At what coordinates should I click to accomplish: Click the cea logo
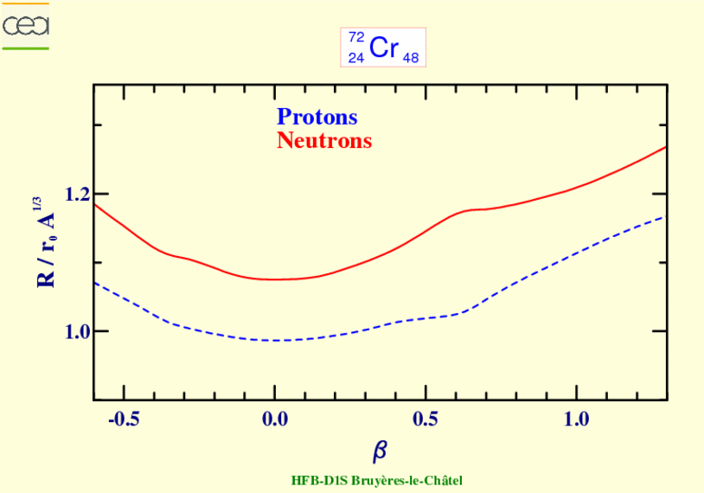[25, 26]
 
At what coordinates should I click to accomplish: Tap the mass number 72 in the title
[356, 37]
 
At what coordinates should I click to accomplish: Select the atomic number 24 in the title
[356, 58]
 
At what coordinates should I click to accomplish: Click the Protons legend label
[317, 118]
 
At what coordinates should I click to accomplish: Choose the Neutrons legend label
[324, 140]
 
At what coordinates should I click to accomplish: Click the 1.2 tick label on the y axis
[78, 194]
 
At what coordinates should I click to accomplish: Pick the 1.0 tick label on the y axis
[78, 331]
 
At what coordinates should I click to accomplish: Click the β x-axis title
[380, 451]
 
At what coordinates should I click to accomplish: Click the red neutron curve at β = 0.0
[274, 279]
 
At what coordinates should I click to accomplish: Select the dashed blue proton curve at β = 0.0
[274, 340]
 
